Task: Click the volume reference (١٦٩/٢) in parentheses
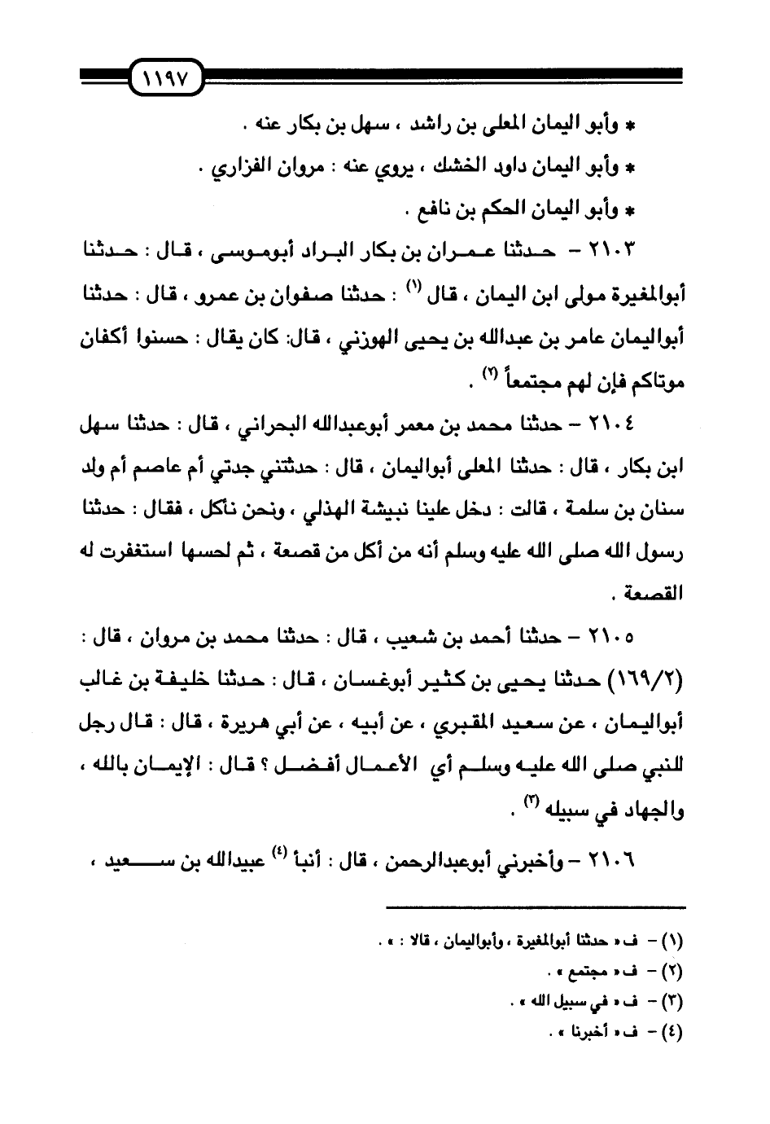643,682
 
